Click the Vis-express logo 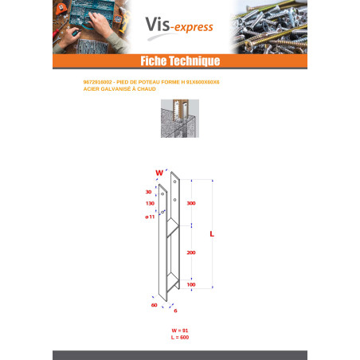[179, 27]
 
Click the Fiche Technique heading [179, 61]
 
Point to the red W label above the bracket [158, 172]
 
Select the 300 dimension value [190, 204]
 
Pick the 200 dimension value [190, 252]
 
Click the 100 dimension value [190, 284]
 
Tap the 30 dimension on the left [149, 192]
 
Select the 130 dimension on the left [150, 203]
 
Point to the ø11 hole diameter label [149, 216]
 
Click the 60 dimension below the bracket [154, 304]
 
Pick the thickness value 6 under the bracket [174, 311]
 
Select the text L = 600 [179, 338]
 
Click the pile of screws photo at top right [271, 27]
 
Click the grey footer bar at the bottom [179, 354]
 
